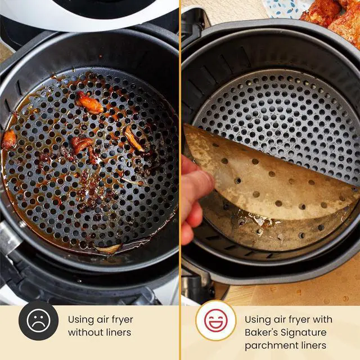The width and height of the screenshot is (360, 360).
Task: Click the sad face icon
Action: point(38,321)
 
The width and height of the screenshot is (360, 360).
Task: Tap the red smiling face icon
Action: point(216,321)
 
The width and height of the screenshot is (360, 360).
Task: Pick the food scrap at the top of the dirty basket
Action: point(90,103)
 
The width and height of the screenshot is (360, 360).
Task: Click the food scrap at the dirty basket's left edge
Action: point(9,140)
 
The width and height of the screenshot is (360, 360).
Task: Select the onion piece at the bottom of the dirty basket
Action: point(108,248)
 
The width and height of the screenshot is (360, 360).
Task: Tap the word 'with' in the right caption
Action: point(323,319)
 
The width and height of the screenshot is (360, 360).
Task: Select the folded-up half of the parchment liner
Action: point(264,174)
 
